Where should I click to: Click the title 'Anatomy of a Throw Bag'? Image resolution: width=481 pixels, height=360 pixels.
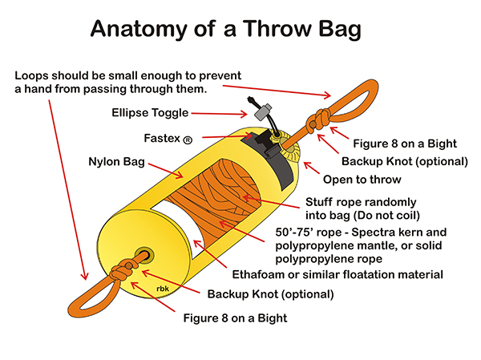pos(225,29)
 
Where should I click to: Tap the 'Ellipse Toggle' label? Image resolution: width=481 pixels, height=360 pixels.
pos(150,113)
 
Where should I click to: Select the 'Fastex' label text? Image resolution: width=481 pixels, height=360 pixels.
pos(162,138)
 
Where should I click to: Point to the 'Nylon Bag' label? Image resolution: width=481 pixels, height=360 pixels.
pos(116,161)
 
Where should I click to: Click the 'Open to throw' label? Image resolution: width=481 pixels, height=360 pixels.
pos(362,180)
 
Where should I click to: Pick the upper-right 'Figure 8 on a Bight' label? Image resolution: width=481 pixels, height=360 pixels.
pos(405,144)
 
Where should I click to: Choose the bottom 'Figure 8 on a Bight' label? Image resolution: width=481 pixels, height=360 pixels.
pos(235,318)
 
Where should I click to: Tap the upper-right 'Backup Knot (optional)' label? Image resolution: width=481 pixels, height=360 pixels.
pos(405,161)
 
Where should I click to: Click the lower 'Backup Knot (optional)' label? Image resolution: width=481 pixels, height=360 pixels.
pos(271,294)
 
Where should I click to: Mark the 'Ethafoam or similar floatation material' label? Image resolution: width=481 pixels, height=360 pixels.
pos(338,274)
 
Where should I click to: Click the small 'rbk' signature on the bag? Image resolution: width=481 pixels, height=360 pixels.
pos(162,289)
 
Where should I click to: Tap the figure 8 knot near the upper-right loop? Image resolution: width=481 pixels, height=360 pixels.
pos(319,120)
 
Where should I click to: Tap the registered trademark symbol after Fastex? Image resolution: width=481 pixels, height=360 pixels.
pos(188,140)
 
